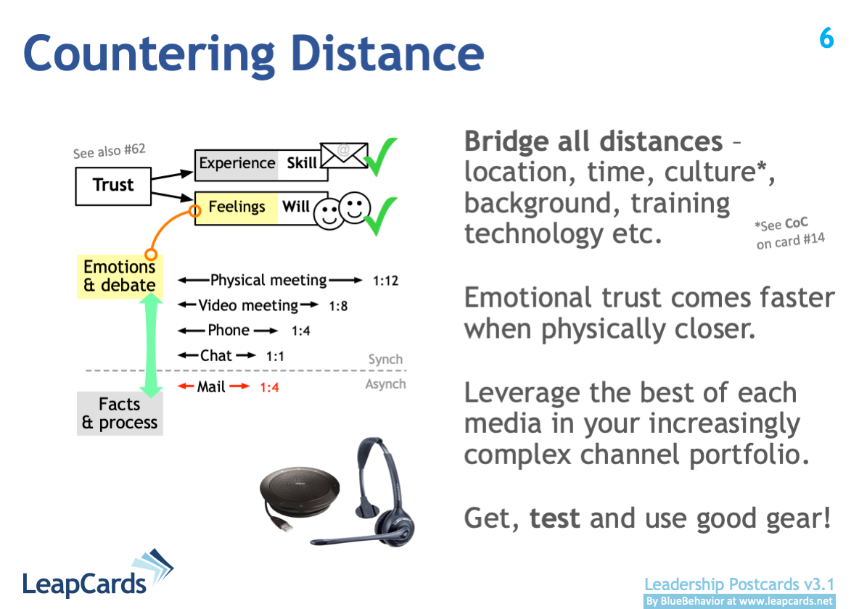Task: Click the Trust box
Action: click(x=113, y=186)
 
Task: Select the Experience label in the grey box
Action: click(x=237, y=163)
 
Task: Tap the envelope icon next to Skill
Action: click(x=344, y=155)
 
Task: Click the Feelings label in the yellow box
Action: click(x=237, y=207)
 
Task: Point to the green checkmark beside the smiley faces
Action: click(x=380, y=215)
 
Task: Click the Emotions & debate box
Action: click(x=120, y=276)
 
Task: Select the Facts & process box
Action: click(x=120, y=413)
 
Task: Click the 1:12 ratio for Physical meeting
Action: click(x=386, y=281)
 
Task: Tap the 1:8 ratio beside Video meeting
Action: click(x=338, y=306)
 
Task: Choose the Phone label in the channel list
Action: click(x=229, y=331)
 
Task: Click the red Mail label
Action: click(x=211, y=386)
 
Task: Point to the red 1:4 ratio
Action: click(x=269, y=388)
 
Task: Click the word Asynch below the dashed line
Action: click(x=386, y=384)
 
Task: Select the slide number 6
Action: click(x=826, y=38)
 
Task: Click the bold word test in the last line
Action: click(x=554, y=518)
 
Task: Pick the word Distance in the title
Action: click(x=388, y=54)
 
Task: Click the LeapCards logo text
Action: click(x=84, y=584)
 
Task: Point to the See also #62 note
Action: click(x=110, y=151)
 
